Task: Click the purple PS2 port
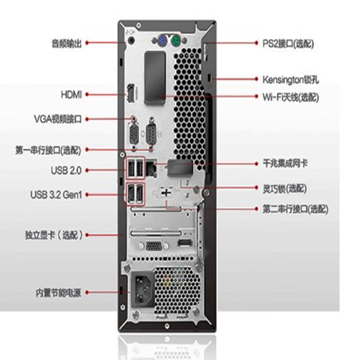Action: point(162,41)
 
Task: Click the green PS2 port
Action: point(176,41)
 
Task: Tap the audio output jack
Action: point(131,40)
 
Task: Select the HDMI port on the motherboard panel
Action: point(131,93)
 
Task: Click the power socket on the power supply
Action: point(143,289)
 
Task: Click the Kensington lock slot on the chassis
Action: point(209,78)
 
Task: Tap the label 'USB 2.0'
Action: point(66,171)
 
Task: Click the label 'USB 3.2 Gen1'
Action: point(56,195)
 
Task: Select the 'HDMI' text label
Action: point(71,94)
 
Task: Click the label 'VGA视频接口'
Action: point(58,119)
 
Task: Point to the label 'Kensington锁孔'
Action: point(290,80)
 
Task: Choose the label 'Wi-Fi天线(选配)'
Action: point(291,97)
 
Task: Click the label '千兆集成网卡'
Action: point(285,163)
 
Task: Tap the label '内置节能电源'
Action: point(58,293)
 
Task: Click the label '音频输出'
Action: point(67,43)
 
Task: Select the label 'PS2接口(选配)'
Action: point(288,44)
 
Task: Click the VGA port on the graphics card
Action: point(153,246)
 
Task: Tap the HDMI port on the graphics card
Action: point(185,243)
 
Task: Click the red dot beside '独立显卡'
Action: point(87,235)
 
